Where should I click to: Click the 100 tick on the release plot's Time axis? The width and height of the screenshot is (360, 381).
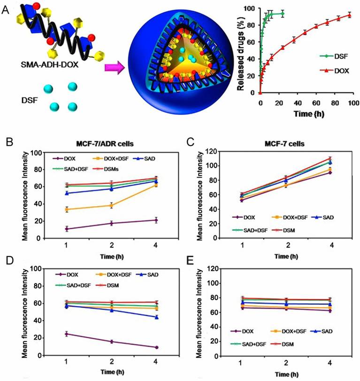pyautogui.click(x=350, y=100)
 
